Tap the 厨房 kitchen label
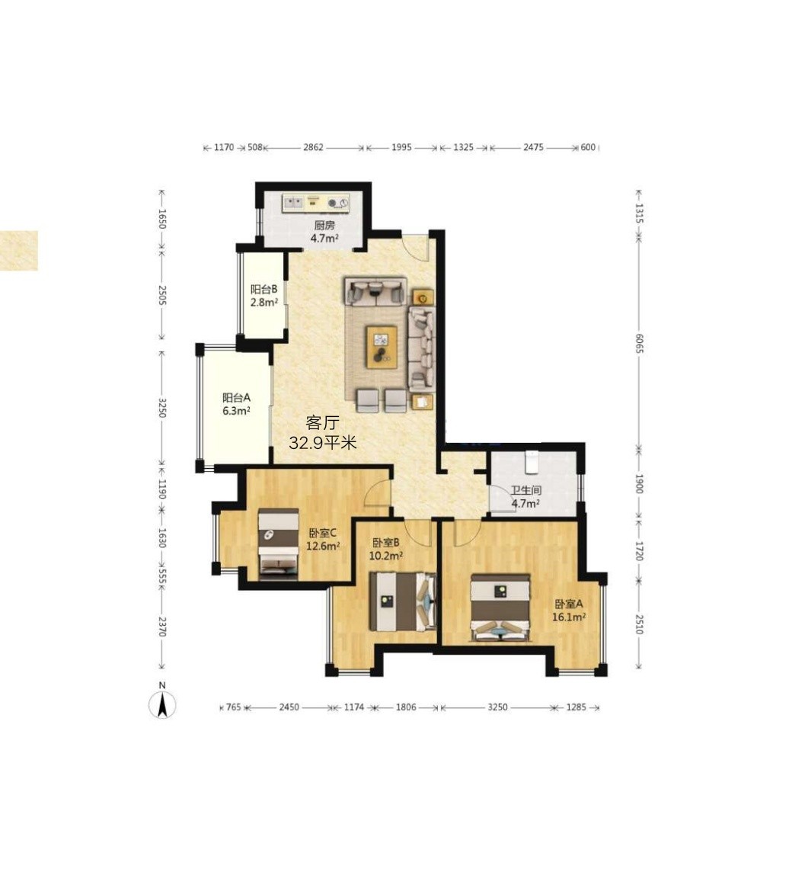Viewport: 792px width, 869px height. pyautogui.click(x=324, y=226)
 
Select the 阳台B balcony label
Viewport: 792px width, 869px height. pyautogui.click(x=263, y=290)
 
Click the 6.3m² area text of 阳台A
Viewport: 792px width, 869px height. pyautogui.click(x=237, y=411)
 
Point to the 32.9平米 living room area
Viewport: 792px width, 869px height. pyautogui.click(x=323, y=442)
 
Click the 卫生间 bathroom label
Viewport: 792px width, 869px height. pyautogui.click(x=525, y=490)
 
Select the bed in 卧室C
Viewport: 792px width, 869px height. pyautogui.click(x=279, y=544)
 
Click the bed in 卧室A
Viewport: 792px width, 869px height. pyautogui.click(x=501, y=608)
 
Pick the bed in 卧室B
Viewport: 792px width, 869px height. pyautogui.click(x=403, y=602)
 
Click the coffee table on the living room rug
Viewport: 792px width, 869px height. pyautogui.click(x=382, y=346)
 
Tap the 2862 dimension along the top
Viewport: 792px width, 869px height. pyautogui.click(x=313, y=147)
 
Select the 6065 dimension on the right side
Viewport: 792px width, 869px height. pyautogui.click(x=639, y=344)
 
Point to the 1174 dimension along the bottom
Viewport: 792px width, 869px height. pyautogui.click(x=354, y=707)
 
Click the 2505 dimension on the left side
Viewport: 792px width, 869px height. pyautogui.click(x=161, y=295)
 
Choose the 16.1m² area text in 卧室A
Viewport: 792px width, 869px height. pyautogui.click(x=569, y=617)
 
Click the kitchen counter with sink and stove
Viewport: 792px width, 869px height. pyautogui.click(x=316, y=202)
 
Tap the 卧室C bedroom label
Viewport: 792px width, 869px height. pyautogui.click(x=323, y=533)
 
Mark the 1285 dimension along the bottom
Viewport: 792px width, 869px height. pyautogui.click(x=576, y=707)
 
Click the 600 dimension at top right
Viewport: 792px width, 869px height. pyautogui.click(x=588, y=147)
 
